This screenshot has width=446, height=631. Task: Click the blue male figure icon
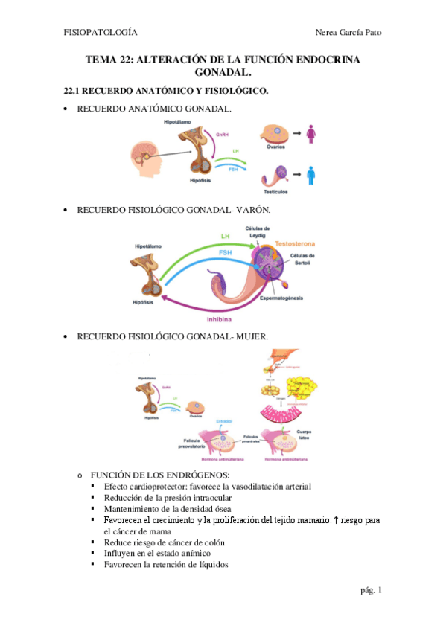[310, 176]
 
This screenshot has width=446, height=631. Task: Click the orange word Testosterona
[296, 243]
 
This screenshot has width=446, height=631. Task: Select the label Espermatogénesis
[282, 298]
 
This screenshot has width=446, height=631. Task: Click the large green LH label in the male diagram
[223, 237]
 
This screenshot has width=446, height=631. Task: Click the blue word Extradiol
[225, 422]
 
